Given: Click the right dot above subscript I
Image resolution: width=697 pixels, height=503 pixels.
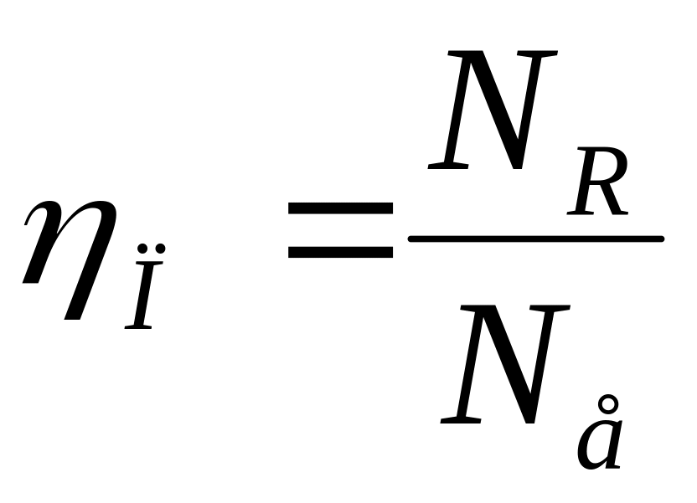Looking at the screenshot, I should (x=160, y=248).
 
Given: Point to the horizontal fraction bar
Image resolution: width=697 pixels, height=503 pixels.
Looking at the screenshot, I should (x=536, y=239).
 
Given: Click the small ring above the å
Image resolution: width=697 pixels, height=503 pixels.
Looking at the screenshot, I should (x=610, y=402).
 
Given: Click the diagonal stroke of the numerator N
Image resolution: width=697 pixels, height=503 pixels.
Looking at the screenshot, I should (x=494, y=109).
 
